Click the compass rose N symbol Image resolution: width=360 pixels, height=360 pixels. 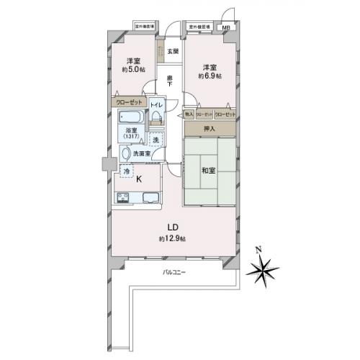(258, 251)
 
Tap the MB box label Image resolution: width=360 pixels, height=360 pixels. (227, 28)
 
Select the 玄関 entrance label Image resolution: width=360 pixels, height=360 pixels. (173, 51)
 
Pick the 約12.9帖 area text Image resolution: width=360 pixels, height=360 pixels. (174, 238)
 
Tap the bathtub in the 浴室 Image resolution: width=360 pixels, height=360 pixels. (132, 117)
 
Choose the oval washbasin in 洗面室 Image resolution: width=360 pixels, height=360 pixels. (126, 153)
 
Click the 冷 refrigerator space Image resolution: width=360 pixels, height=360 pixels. (125, 171)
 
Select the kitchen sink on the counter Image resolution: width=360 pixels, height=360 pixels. (153, 199)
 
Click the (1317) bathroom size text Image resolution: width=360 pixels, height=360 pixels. (130, 137)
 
